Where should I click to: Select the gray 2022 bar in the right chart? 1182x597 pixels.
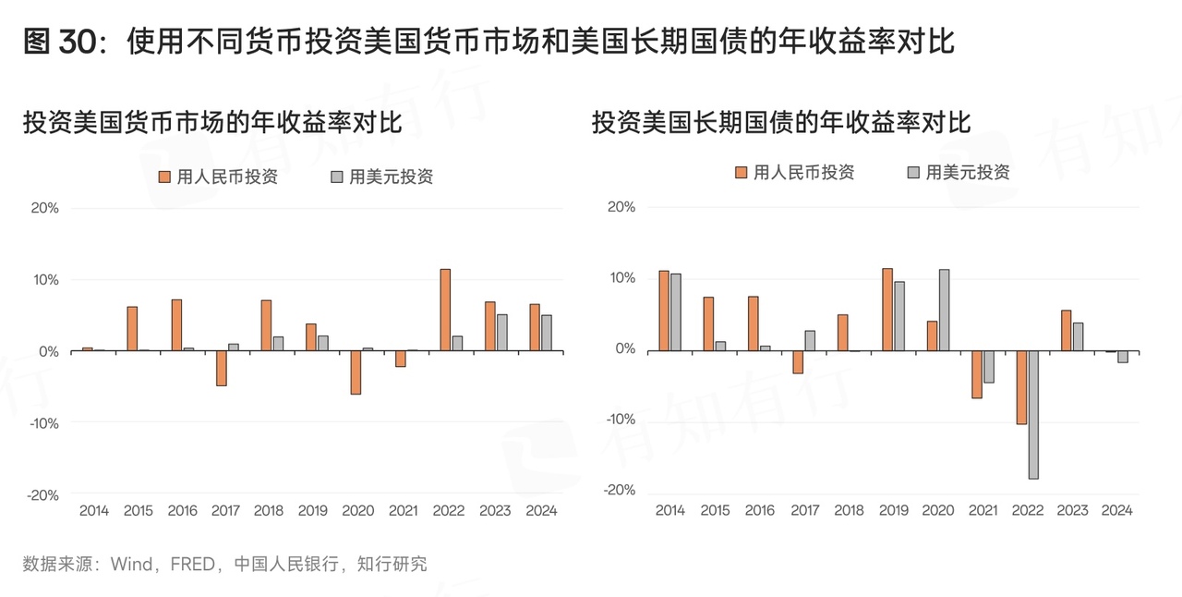[x=1033, y=414]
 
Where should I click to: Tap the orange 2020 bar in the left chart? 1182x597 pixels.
[x=356, y=372]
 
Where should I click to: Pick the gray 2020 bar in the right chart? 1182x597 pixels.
[x=944, y=310]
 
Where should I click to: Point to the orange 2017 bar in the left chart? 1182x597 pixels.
[x=222, y=368]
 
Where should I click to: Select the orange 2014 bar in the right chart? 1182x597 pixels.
[x=663, y=311]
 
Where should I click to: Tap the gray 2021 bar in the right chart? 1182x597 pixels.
[x=988, y=366]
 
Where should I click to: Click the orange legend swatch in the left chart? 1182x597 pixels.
[x=165, y=177]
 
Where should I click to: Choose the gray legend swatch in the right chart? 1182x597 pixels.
[x=914, y=173]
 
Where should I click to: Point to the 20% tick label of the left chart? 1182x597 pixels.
[x=44, y=208]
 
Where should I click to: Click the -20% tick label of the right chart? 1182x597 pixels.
[x=620, y=491]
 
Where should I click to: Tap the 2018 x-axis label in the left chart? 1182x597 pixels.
[x=269, y=510]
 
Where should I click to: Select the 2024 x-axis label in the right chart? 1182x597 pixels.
[x=1117, y=510]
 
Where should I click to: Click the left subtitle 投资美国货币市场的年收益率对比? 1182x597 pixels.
[x=212, y=123]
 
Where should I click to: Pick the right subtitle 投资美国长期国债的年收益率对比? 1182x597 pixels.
[x=781, y=122]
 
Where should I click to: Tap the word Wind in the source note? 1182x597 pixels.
[x=131, y=564]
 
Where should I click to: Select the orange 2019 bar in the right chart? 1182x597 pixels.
[x=887, y=309]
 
